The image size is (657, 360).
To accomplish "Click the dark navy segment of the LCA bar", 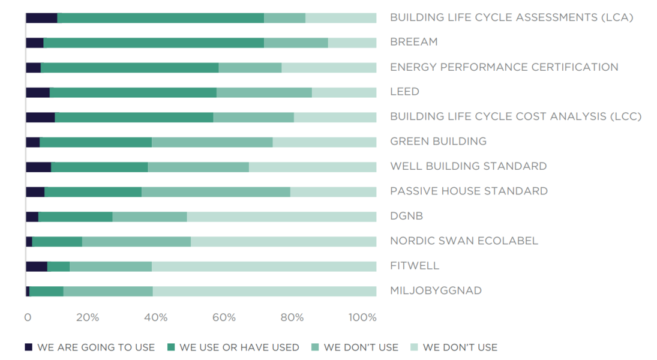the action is [41, 18].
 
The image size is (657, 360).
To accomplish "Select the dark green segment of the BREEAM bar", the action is [154, 43].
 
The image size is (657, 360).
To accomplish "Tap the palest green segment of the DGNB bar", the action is [281, 217].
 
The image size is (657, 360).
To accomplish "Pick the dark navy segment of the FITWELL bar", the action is [37, 266].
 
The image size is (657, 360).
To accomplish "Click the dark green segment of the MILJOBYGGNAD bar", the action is [47, 291].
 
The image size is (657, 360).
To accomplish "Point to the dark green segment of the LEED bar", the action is [133, 92].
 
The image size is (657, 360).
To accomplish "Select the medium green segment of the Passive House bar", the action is [216, 192].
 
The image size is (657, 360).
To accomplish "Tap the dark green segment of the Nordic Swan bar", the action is [57, 242].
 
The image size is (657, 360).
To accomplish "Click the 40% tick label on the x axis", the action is [156, 317].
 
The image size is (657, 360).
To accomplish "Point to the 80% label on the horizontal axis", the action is [292, 317].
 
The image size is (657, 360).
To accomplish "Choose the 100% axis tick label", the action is [362, 317].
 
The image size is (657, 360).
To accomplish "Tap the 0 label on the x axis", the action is [28, 317].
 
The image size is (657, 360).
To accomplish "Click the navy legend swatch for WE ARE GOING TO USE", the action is [28, 347].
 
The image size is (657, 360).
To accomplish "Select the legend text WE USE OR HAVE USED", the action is [239, 347].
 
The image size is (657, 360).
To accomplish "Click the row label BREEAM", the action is [414, 42].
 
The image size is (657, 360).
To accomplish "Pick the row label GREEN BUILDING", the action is [438, 141].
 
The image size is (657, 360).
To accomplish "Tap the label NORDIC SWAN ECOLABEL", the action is [464, 241].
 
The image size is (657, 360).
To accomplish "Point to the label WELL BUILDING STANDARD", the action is [469, 166].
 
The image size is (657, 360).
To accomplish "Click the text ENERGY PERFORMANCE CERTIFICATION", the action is [505, 67].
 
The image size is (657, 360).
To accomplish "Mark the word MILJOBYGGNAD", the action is [436, 290].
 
